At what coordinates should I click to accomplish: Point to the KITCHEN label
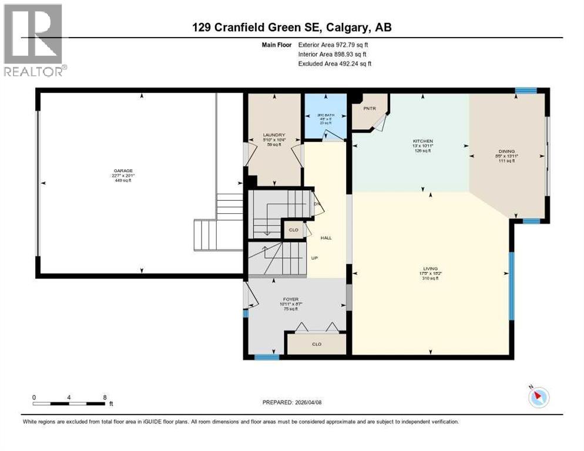422,142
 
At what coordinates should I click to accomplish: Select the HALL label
326,238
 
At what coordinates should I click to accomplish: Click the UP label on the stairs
314,257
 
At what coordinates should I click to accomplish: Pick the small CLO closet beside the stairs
293,230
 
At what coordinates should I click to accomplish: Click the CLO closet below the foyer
316,344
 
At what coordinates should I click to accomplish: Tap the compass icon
538,397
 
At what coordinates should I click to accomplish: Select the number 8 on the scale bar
105,397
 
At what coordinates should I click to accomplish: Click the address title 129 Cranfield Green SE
291,27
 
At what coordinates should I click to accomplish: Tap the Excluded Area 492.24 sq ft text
335,63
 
